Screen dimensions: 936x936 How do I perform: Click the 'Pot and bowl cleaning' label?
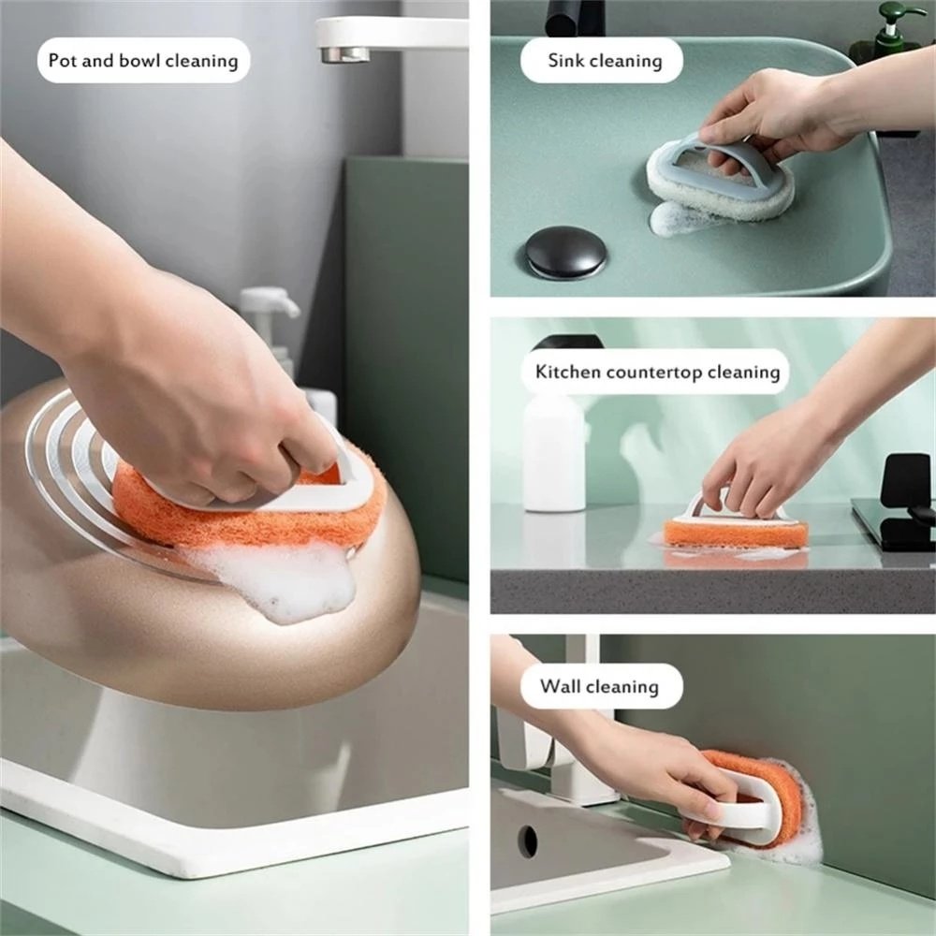tap(143, 61)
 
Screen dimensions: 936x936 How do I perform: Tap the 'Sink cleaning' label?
tap(604, 61)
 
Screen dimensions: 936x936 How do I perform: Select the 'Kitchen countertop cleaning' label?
tap(657, 372)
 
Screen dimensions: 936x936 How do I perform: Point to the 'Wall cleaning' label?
tap(599, 686)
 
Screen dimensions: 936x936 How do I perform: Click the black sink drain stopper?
tap(565, 252)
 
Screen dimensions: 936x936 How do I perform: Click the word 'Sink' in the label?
tap(566, 61)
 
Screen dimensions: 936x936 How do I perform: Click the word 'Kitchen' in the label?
tap(568, 372)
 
